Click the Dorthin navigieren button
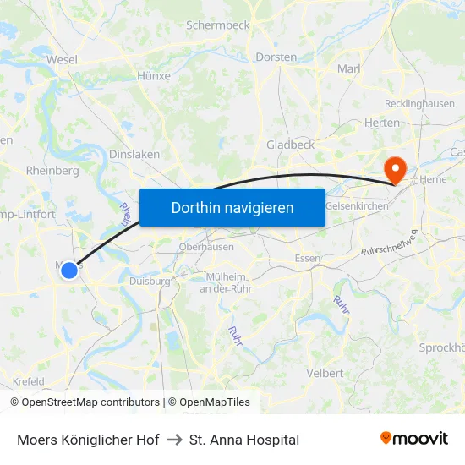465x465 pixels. tap(232, 207)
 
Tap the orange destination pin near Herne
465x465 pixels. tap(394, 168)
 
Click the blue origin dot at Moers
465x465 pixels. tap(69, 271)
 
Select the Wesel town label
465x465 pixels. tap(62, 60)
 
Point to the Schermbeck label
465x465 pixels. tap(218, 25)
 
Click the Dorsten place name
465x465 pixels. tap(276, 57)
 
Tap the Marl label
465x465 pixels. tap(349, 68)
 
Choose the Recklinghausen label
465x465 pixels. tap(419, 104)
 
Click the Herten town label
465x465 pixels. tap(382, 123)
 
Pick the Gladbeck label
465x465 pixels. tap(290, 145)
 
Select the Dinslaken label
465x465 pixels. tap(134, 155)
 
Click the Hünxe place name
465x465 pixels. tap(153, 75)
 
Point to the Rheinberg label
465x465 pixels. tap(52, 170)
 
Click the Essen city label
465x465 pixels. tap(307, 258)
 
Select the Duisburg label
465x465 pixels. tap(150, 281)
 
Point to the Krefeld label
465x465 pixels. tap(28, 381)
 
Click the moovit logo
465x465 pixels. tap(414, 439)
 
